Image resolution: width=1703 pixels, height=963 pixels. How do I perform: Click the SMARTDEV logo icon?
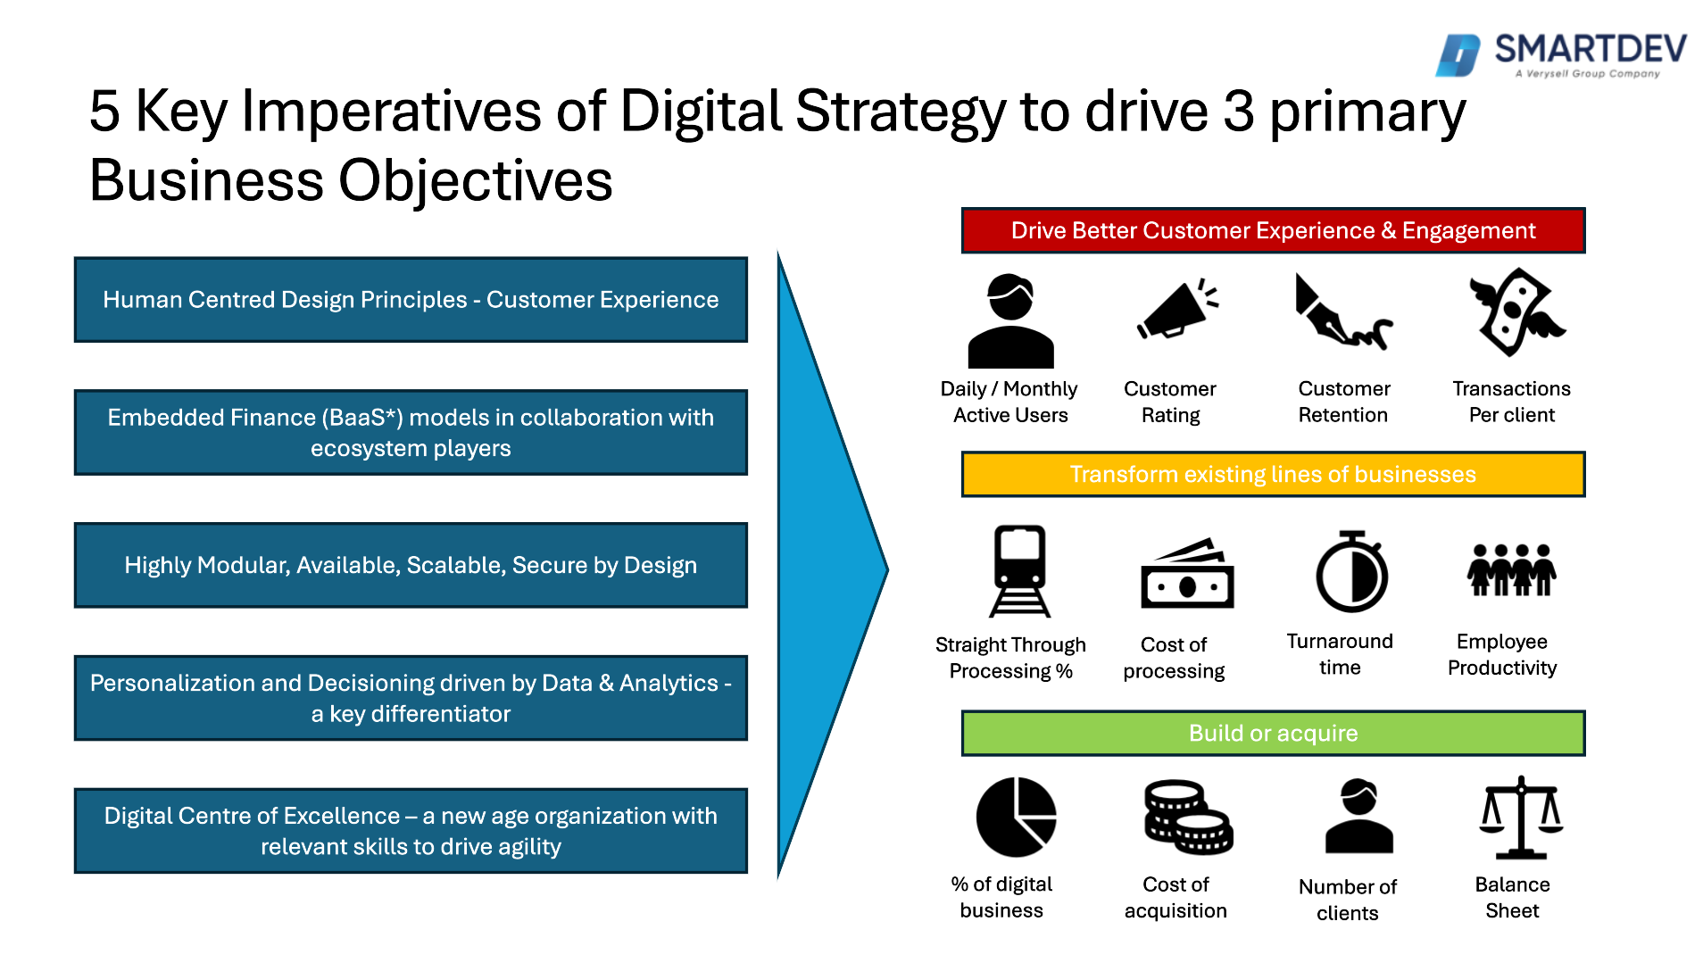pos(1458,55)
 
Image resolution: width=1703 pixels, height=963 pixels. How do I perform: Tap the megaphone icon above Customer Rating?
pos(1177,309)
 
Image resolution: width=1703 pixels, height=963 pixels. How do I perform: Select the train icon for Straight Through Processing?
pos(1020,571)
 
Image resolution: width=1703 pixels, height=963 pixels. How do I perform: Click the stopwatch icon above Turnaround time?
pos(1352,571)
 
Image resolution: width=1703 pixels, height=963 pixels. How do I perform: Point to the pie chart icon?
pos(1017,817)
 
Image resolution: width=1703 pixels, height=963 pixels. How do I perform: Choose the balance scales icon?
pos(1521,817)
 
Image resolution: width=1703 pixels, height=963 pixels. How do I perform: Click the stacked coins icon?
pos(1188,817)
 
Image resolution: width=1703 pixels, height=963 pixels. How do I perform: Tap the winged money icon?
pos(1516,312)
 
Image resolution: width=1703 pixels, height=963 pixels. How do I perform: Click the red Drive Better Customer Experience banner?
pos(1273,230)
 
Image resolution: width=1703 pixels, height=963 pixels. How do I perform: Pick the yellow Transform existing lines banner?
pos(1273,474)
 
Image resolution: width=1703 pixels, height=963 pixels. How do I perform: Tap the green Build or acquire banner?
pos(1273,733)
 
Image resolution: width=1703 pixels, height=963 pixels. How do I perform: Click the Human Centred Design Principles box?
pos(411,300)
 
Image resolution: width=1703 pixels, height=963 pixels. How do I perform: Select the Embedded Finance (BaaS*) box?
pos(411,432)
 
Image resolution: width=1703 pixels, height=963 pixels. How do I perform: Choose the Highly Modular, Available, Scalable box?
pos(411,565)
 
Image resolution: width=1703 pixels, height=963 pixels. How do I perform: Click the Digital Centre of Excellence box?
pos(411,830)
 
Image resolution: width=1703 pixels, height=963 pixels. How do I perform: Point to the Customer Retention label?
pos(1344,402)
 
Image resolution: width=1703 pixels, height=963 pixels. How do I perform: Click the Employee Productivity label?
pos(1502,654)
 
